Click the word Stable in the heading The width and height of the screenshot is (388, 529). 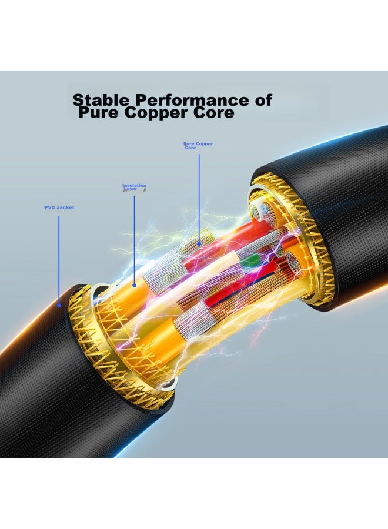point(101,100)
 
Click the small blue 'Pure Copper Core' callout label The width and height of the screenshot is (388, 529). point(198,145)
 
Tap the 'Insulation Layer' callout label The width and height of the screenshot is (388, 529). point(134,187)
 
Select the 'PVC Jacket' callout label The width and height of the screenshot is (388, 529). point(59,207)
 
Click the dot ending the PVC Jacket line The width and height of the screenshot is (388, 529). point(59,305)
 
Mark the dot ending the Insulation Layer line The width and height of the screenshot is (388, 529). point(134,286)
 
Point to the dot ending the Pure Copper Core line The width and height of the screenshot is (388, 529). point(199,243)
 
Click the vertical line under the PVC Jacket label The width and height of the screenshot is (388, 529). point(59,260)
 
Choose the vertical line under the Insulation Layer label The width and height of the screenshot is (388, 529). point(134,240)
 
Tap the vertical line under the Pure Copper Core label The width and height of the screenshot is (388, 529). point(199,198)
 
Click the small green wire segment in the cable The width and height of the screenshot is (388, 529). point(248,260)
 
